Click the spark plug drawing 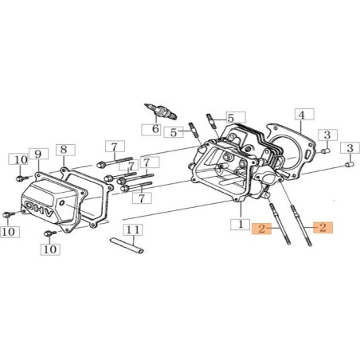(161, 112)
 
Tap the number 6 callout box (151, 129)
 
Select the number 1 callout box (241, 225)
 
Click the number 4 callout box (304, 115)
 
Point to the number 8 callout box (65, 150)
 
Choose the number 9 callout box (38, 154)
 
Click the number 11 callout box (133, 230)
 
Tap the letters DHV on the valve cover (39, 209)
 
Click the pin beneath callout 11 (127, 245)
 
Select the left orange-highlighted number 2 (262, 229)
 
